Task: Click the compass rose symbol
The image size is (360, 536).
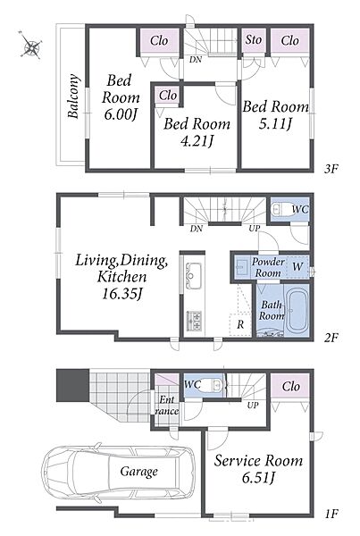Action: coord(31,45)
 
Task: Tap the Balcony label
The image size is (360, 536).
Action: coord(73,96)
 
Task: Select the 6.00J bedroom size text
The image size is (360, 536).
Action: coord(121,115)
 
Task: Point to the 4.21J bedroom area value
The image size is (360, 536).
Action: coord(197,140)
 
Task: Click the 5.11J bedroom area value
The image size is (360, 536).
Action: coord(275,124)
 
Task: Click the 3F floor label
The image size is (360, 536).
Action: coord(331,169)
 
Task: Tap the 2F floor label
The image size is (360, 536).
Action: coord(331,338)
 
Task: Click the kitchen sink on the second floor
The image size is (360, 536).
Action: coord(193,275)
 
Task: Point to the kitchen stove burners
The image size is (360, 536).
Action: coord(194,321)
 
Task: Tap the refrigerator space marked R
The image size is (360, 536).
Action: coord(240,324)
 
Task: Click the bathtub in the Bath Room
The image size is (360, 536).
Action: coord(298,311)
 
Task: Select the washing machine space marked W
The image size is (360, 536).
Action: coord(297,266)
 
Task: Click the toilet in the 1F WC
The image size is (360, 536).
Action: coord(212,385)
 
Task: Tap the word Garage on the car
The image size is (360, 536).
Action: coord(138,472)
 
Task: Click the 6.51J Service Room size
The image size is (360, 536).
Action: coord(258,478)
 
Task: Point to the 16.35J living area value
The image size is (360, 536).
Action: coord(122,293)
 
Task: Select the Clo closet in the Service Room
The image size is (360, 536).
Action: coord(291,387)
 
